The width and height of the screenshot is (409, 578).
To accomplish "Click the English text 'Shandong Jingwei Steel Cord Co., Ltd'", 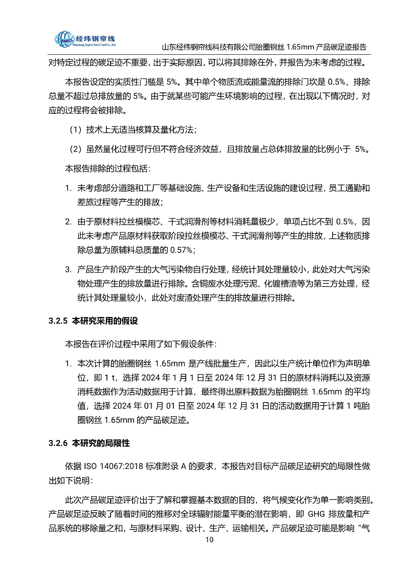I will (x=94, y=45).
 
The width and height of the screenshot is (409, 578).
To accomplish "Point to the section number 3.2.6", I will (x=58, y=450).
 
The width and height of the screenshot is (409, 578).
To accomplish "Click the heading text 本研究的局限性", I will (x=101, y=450).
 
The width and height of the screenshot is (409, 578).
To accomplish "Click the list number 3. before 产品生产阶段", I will (x=69, y=270).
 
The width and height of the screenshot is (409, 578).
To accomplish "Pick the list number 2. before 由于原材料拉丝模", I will (x=69, y=222).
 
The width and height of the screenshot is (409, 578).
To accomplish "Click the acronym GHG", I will (x=316, y=513).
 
